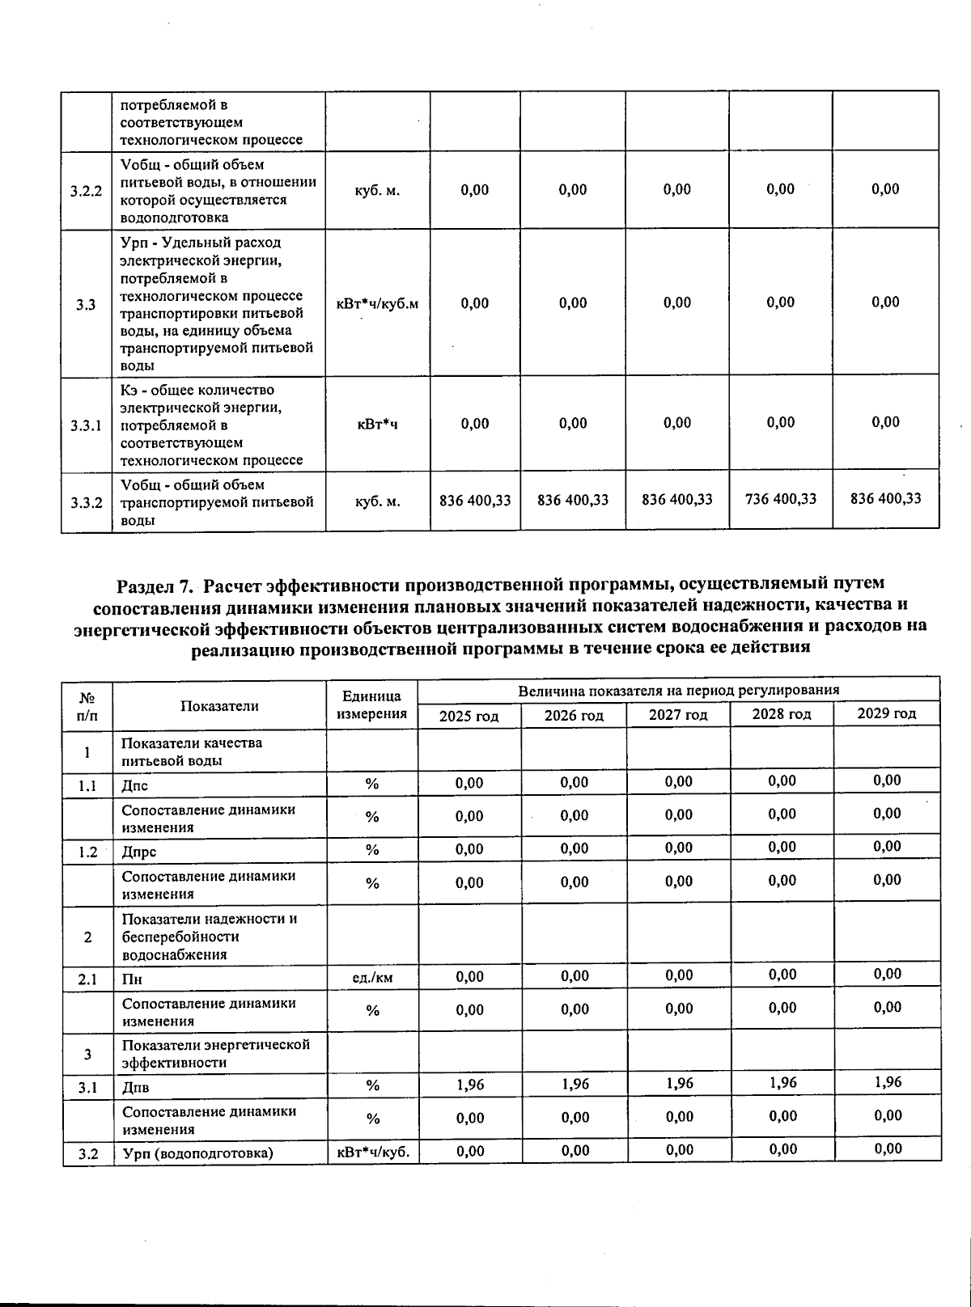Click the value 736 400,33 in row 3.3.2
click(780, 499)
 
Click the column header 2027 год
click(677, 715)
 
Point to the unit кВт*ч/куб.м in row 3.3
click(377, 304)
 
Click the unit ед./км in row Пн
click(372, 978)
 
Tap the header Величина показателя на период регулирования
click(678, 690)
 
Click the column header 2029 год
click(886, 713)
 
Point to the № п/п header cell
click(86, 705)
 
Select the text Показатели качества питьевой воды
click(192, 751)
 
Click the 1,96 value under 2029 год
click(887, 1082)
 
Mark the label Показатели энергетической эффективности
click(215, 1053)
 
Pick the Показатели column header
click(218, 706)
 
